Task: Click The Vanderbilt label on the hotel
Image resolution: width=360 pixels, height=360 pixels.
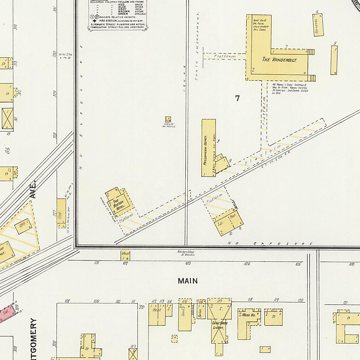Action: point(279,59)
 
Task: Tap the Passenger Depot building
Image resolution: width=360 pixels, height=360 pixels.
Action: point(208,148)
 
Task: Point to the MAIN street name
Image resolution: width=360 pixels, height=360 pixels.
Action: point(188,281)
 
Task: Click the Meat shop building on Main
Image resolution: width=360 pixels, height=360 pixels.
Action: point(125,255)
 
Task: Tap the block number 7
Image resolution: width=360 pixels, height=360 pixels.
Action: point(238,98)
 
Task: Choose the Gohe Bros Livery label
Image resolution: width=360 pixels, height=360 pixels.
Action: point(220,325)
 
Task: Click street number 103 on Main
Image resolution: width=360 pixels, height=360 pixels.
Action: point(188,263)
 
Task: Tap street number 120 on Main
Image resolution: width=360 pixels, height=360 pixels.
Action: point(300,300)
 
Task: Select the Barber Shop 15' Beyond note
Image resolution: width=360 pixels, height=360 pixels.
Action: point(186,253)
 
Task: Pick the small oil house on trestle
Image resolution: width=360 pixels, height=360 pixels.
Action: point(168,119)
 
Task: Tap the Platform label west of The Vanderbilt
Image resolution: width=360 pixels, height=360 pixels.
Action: point(225,56)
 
